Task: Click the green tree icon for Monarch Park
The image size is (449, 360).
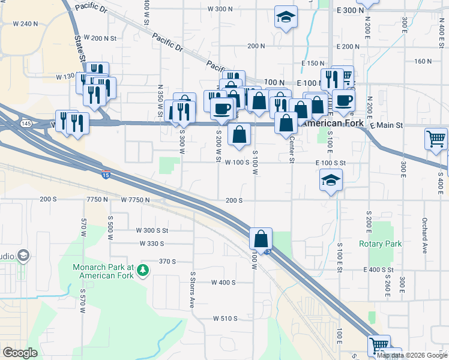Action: [142, 271]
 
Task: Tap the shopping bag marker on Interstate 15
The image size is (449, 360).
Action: [261, 239]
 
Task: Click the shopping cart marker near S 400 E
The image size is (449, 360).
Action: [436, 139]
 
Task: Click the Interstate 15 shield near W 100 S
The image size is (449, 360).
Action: [106, 175]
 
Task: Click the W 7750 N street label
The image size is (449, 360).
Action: [135, 199]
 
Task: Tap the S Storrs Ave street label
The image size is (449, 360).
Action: [193, 284]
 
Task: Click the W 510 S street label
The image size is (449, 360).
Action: [225, 319]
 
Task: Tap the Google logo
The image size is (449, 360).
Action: [20, 353]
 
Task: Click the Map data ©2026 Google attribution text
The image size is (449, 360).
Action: [412, 355]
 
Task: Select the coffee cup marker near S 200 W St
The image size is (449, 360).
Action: [222, 109]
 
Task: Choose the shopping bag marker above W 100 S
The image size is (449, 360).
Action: [239, 134]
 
